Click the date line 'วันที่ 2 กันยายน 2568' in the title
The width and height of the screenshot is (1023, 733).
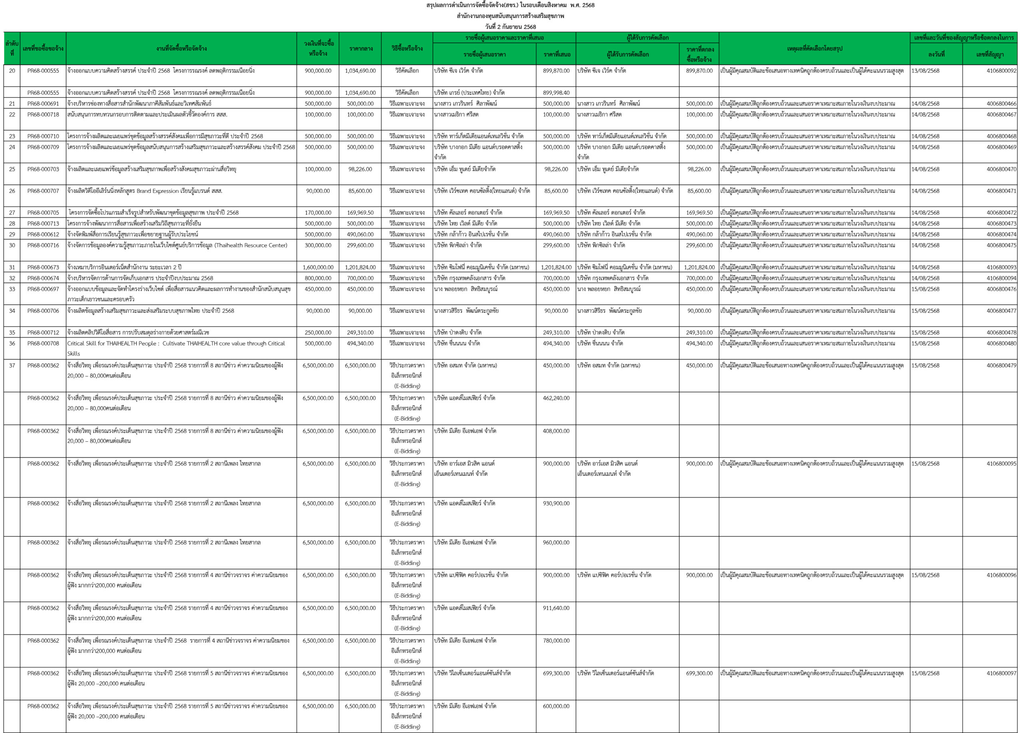pos(511,27)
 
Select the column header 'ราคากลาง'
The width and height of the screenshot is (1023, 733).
pos(360,49)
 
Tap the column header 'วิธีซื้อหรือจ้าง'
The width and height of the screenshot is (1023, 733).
pos(407,49)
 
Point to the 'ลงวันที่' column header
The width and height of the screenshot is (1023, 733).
pos(936,55)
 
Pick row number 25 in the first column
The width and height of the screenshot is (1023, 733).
pos(12,169)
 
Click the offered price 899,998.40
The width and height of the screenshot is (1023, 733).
pos(556,93)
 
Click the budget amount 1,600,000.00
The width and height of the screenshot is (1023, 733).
pos(318,267)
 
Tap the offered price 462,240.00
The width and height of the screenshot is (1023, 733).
pos(556,398)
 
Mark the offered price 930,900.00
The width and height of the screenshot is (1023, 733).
pos(556,503)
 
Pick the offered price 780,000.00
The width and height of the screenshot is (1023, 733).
pos(556,641)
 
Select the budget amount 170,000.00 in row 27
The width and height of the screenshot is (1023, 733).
pos(318,213)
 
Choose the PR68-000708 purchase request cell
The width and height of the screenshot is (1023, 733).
pos(43,344)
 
